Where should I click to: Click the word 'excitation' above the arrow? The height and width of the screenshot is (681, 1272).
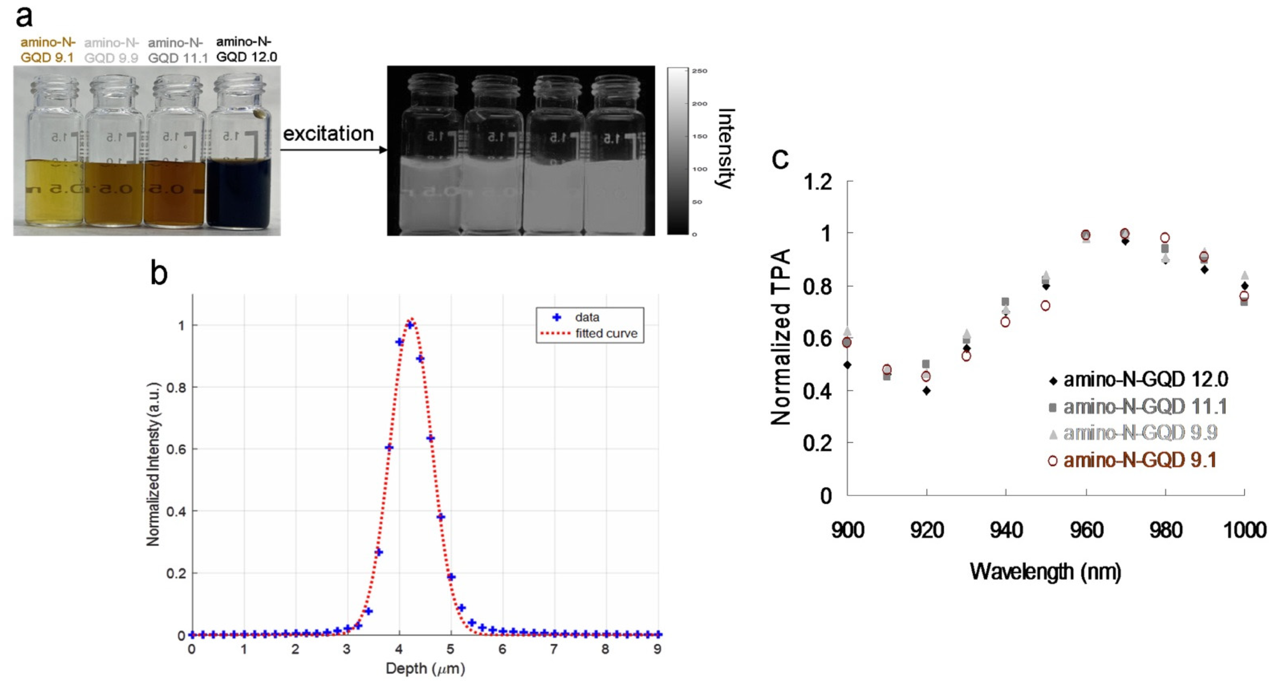[328, 134]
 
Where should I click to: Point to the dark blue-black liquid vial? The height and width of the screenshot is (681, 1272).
[239, 193]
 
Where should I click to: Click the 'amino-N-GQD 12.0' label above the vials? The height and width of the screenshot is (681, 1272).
[247, 49]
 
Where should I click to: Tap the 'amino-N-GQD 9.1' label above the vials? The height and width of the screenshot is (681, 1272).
[47, 50]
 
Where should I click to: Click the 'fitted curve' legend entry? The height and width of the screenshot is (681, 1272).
[606, 334]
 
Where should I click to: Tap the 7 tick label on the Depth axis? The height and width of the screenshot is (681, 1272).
[554, 649]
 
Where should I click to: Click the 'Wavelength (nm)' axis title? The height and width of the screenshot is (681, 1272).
[1045, 571]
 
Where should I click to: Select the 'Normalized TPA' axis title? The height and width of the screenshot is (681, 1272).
[781, 337]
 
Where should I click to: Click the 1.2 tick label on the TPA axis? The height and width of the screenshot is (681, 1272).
[818, 183]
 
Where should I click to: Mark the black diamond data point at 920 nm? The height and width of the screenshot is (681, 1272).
[926, 391]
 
